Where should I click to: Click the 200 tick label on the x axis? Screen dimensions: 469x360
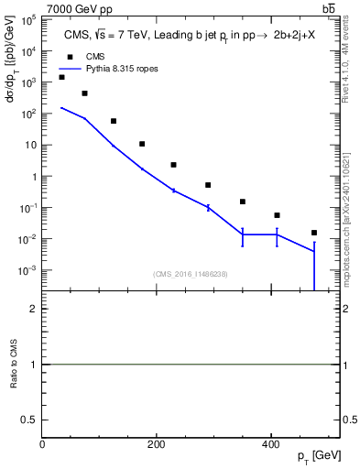coord(157,444)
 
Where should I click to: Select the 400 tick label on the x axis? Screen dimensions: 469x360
coord(270,444)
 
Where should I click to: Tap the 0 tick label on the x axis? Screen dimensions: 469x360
coord(42,444)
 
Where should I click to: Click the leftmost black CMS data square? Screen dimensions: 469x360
coord(61,77)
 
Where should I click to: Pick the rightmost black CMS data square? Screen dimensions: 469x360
coord(314,233)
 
